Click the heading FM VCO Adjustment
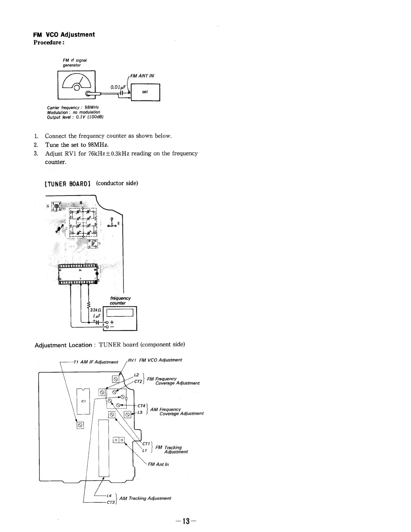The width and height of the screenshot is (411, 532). pyautogui.click(x=64, y=35)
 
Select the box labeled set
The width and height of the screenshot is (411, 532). pyautogui.click(x=145, y=92)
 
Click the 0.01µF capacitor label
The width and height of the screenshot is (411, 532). pyautogui.click(x=118, y=88)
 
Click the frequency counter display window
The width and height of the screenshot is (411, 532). pyautogui.click(x=120, y=312)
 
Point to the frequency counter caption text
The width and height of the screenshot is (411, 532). pyautogui.click(x=120, y=301)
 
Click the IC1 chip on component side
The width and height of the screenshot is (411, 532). pyautogui.click(x=83, y=401)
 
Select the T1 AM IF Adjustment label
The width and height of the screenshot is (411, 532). pyautogui.click(x=95, y=362)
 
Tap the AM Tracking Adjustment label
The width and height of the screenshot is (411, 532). pyautogui.click(x=145, y=498)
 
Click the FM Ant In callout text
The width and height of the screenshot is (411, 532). pyautogui.click(x=158, y=464)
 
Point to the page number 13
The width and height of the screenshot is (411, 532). pyautogui.click(x=186, y=521)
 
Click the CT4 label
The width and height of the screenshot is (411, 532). pyautogui.click(x=141, y=406)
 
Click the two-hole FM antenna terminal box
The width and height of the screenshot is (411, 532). pyautogui.click(x=119, y=440)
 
